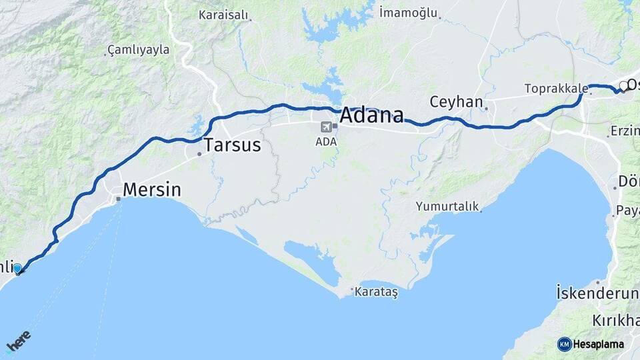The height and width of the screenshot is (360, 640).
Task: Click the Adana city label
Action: coord(371,115)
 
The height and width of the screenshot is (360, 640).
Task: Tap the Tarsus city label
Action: coord(232,145)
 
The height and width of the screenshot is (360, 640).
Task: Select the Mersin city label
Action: coord(151,189)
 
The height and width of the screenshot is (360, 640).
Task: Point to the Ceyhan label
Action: coord(456,102)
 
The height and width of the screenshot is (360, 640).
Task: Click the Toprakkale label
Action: coord(556,88)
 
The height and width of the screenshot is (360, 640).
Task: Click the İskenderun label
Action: coord(597,292)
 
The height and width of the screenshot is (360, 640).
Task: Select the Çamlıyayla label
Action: coord(138,50)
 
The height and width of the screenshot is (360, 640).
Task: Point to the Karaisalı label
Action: coord(223,15)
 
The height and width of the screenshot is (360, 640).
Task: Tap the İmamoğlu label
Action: coord(408,12)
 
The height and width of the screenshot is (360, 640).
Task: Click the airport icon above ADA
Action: coord(326,127)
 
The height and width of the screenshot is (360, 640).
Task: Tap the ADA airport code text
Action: coord(326,141)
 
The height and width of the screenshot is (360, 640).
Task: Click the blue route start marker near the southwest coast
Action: coord(17,269)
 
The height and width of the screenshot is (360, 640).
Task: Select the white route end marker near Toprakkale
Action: coord(623,86)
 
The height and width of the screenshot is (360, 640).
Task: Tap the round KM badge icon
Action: coord(565,345)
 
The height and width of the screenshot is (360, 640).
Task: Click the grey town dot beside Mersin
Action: coord(118,198)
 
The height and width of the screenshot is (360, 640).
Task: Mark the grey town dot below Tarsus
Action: coord(199,155)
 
